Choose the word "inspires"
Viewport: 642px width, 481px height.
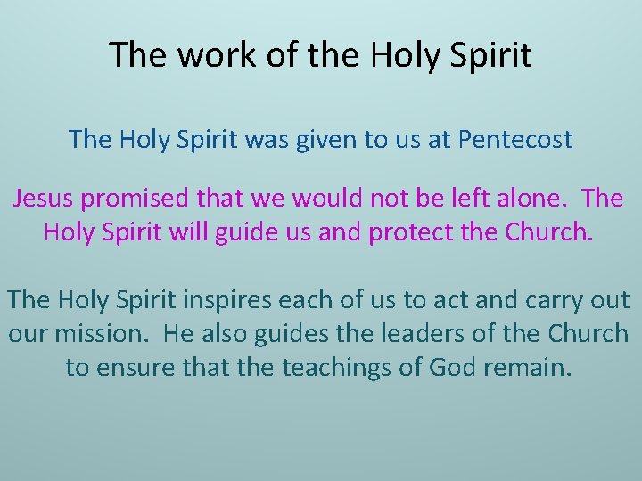[x=230, y=300]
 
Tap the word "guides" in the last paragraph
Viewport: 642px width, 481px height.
[x=286, y=333]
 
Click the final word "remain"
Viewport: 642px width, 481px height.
[x=532, y=366]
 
